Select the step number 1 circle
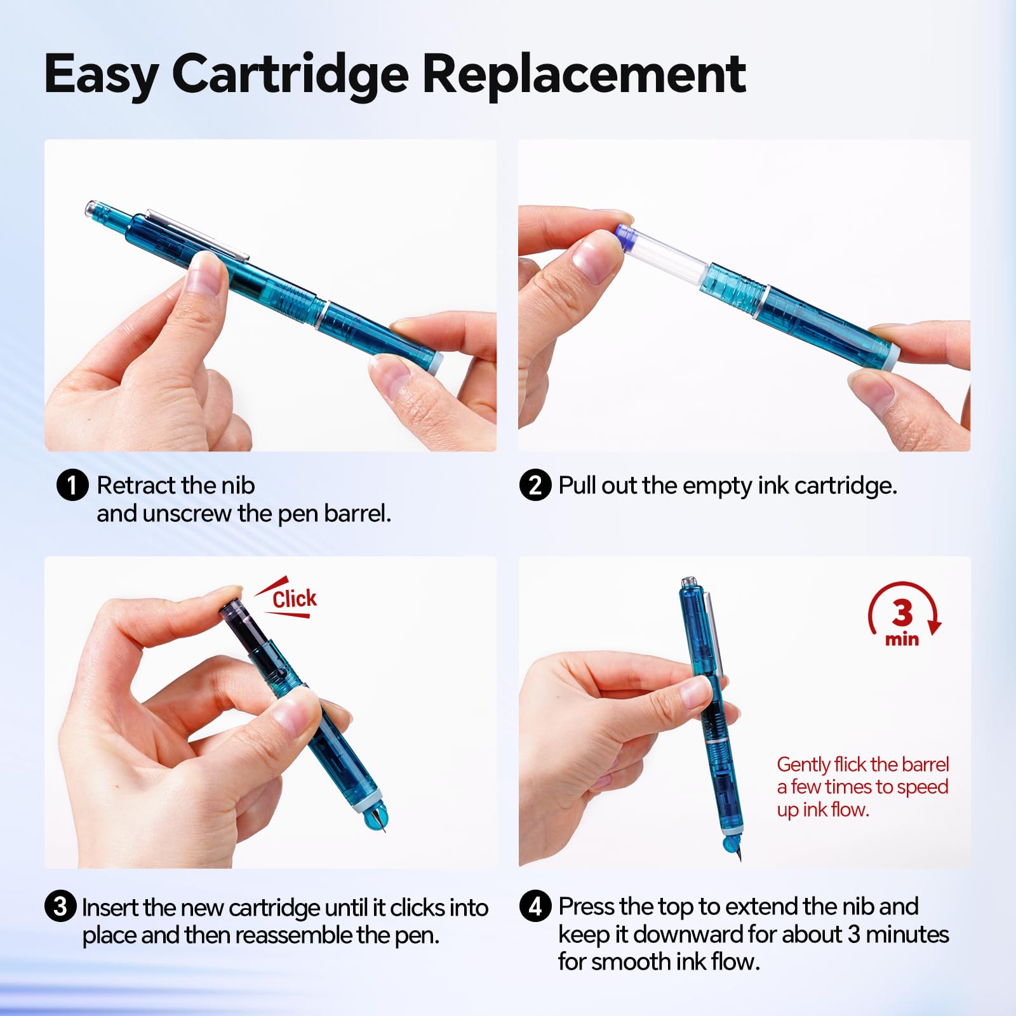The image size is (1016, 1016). click(x=72, y=486)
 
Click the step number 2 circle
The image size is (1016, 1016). click(x=535, y=486)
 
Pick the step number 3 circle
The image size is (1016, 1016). click(x=60, y=906)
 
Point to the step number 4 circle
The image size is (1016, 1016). click(x=535, y=906)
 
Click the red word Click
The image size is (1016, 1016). click(x=295, y=598)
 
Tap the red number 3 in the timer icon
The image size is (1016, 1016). click(x=902, y=613)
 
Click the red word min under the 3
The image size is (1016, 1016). click(x=902, y=639)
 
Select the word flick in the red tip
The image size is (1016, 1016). click(x=850, y=764)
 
